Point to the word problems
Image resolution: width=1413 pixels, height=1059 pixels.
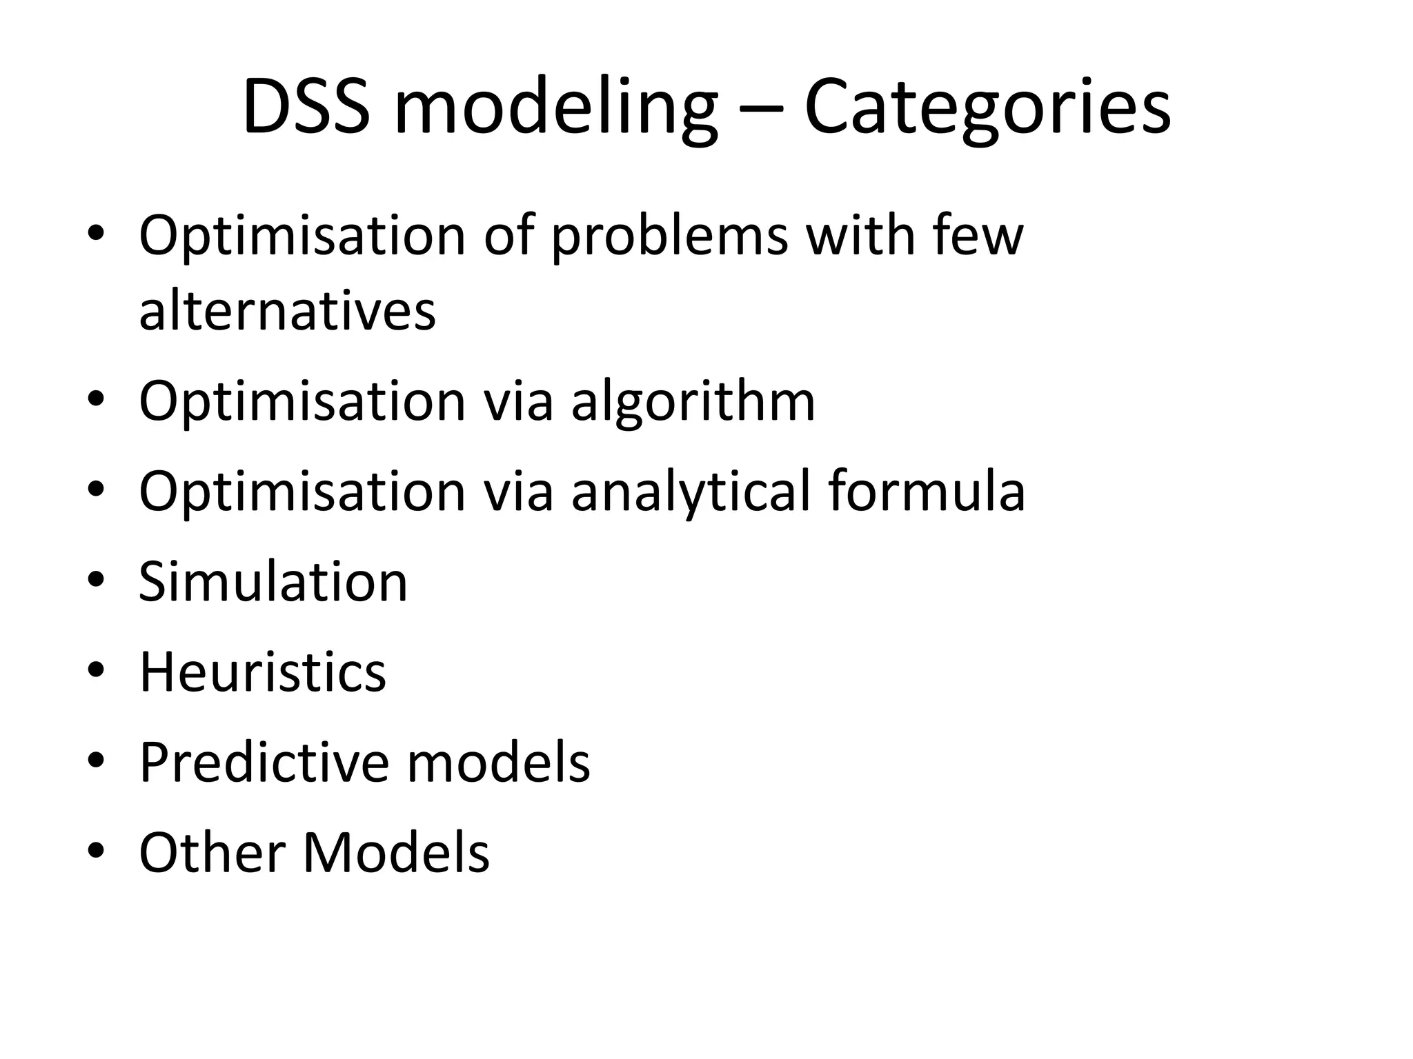click(x=669, y=237)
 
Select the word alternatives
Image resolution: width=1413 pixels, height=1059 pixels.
click(x=287, y=310)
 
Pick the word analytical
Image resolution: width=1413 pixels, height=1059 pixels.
click(x=691, y=492)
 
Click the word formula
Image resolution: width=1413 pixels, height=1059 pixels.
click(x=927, y=491)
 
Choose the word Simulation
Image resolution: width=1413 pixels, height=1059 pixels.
click(x=273, y=582)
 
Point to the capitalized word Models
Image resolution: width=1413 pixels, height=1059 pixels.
click(x=396, y=852)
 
